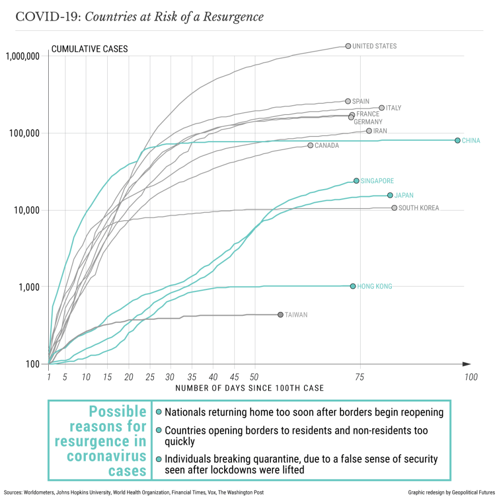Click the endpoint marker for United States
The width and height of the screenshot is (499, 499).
click(348, 46)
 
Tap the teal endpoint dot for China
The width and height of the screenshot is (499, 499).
click(458, 140)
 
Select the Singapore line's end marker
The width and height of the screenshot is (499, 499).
click(356, 181)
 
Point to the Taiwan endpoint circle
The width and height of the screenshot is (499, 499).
click(280, 315)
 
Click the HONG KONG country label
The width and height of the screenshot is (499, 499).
click(374, 287)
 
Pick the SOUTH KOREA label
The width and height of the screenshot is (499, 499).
click(419, 208)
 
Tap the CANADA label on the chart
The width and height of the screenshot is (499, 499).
click(326, 146)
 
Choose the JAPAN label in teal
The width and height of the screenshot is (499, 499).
click(404, 195)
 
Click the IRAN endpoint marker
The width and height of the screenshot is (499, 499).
click(369, 131)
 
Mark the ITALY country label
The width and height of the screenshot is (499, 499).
click(393, 108)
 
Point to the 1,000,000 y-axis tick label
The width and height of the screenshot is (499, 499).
click(22, 56)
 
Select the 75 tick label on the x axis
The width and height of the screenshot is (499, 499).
click(360, 377)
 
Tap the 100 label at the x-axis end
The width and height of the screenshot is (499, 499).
click(470, 377)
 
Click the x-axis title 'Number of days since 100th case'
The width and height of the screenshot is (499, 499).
click(249, 388)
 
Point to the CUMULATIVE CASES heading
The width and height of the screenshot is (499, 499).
click(90, 49)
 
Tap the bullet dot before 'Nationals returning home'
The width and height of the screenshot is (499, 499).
click(158, 412)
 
